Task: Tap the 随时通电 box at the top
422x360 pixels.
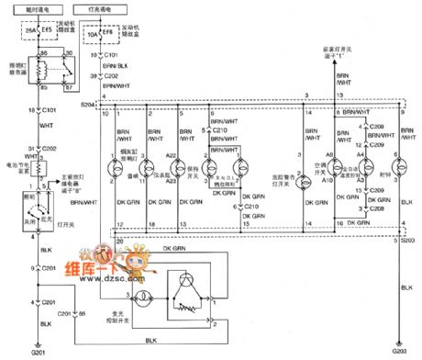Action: pos(42,8)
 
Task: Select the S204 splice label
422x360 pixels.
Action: pos(88,106)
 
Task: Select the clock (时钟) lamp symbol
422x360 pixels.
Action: pos(394,168)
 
